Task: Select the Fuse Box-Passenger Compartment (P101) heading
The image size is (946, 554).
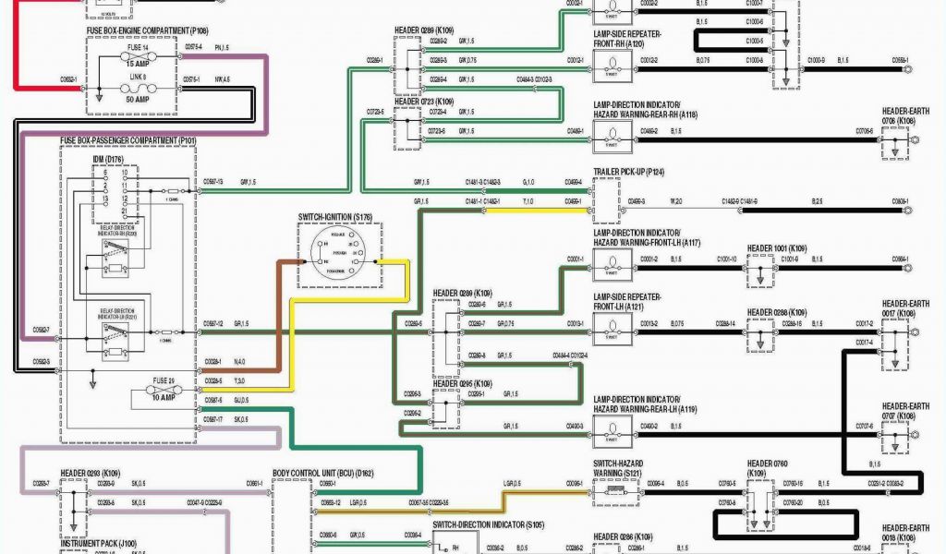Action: click(128, 141)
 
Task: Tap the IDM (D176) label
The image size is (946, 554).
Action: click(108, 159)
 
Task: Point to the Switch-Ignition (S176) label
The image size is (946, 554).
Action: click(334, 218)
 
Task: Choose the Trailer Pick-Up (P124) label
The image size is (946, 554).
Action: click(629, 173)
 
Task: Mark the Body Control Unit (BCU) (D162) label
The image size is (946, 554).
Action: click(322, 473)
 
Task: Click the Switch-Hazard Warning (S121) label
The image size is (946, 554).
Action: click(617, 468)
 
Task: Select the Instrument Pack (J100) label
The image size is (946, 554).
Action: click(99, 545)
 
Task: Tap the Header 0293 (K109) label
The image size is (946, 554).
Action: click(91, 474)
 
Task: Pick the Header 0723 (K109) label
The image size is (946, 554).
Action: click(424, 101)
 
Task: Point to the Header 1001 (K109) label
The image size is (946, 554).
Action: click(777, 248)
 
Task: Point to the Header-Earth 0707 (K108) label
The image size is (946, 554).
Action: click(905, 411)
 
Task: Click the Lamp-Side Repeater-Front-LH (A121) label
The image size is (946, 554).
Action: click(627, 301)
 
